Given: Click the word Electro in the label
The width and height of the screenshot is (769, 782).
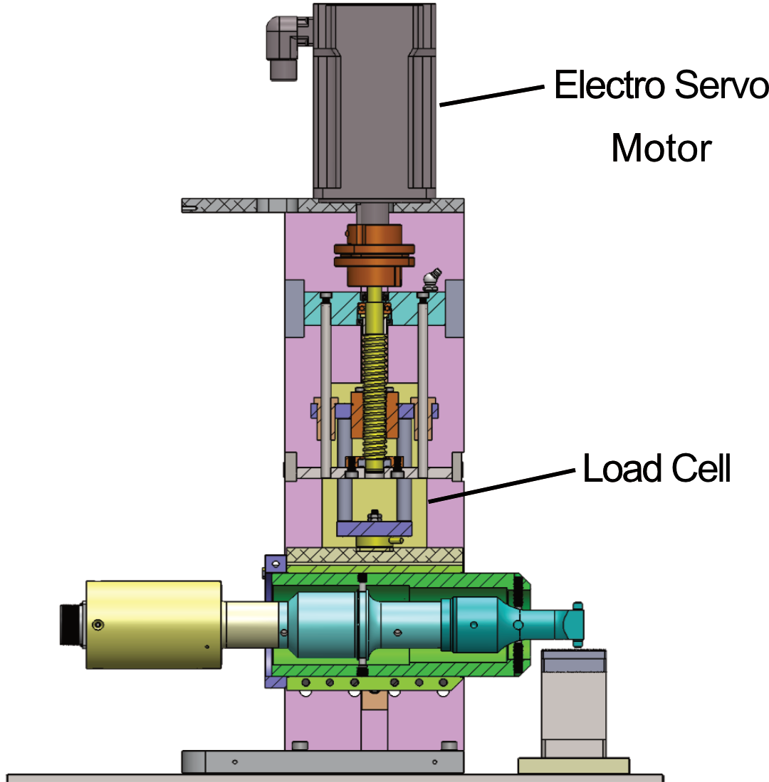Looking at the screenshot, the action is pos(609,85).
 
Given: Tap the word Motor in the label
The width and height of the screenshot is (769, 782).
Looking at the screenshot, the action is pos(661,148).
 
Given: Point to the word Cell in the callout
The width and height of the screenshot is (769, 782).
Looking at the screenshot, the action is pos(701,468).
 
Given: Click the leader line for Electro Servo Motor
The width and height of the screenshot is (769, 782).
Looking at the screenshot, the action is pos(491,96).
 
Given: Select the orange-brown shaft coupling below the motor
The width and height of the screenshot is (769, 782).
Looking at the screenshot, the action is pos(374,255).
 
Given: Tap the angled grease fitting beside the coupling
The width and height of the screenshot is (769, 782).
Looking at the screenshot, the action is pos(431,279).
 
